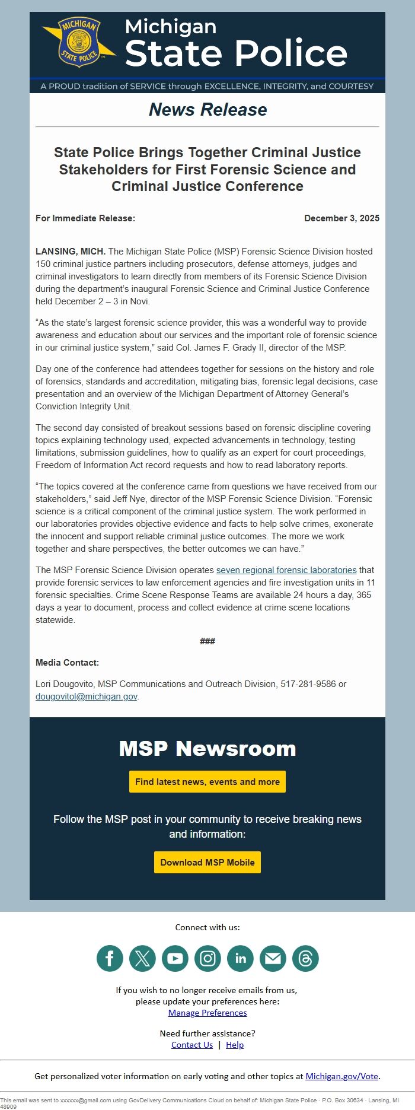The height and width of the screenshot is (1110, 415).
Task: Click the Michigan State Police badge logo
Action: tap(79, 42)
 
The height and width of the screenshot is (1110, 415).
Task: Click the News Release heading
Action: tap(207, 110)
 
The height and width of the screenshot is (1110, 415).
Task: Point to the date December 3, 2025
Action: tap(341, 218)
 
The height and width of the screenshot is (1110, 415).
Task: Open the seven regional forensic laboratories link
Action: tap(286, 570)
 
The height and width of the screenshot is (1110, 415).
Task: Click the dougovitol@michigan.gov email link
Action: tap(87, 696)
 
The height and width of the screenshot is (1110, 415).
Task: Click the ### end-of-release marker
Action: tap(207, 641)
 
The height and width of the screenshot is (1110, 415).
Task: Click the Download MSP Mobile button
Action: tap(207, 863)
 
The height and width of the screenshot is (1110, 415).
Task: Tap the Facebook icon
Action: tap(110, 959)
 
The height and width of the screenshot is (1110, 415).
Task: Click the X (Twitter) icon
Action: tap(142, 959)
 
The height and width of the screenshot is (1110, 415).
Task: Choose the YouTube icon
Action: tap(175, 959)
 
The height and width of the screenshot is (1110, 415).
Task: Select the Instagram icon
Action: tap(207, 959)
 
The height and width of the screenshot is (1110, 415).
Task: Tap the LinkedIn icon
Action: tap(240, 959)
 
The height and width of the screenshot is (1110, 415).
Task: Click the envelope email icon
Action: tap(273, 959)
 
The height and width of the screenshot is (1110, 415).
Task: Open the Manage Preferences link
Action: tap(207, 1013)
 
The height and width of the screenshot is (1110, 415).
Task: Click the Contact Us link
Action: tap(192, 1045)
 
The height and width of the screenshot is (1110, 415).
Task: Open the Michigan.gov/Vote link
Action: tap(341, 1076)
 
